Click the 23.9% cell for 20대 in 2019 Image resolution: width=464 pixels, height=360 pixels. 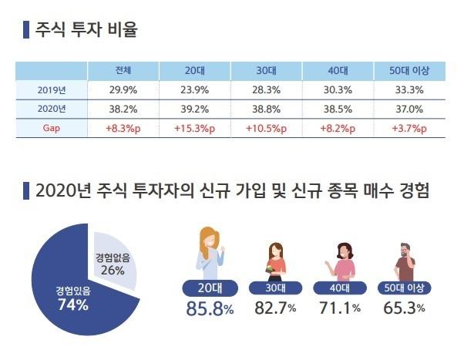tap(195, 90)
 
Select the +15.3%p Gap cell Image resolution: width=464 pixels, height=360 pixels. tap(195, 128)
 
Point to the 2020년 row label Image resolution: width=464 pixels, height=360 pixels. tap(52, 109)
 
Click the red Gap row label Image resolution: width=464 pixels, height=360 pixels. tap(52, 128)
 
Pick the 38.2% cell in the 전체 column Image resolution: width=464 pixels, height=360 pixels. tap(123, 109)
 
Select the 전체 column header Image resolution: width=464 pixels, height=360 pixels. tap(123, 71)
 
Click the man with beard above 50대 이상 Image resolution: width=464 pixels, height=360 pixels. tap(405, 262)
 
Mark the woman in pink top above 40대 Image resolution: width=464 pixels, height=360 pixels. tap(341, 262)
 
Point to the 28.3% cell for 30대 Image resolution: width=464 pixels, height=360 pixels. tap(267, 90)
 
